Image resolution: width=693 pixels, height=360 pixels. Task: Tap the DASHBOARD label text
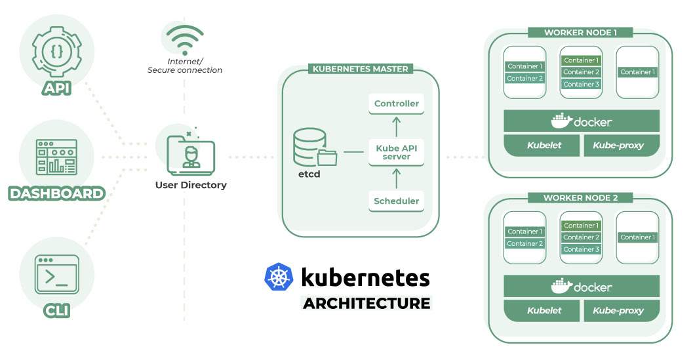[56, 193]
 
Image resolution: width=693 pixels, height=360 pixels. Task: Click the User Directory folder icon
[190, 155]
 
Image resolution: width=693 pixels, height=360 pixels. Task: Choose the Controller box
[397, 104]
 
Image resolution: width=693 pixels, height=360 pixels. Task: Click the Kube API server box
[397, 152]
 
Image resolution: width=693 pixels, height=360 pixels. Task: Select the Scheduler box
[397, 201]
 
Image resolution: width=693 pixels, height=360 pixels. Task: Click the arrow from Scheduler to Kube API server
[397, 178]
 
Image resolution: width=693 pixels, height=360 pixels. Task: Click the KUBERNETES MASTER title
[360, 69]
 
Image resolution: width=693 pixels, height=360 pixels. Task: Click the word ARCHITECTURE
[366, 304]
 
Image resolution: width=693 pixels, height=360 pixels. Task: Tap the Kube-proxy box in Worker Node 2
[618, 310]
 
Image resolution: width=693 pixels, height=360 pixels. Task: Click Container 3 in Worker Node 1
[582, 85]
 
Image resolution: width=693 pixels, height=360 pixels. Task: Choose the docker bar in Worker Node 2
[582, 287]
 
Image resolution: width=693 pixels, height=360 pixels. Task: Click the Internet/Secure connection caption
[184, 66]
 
